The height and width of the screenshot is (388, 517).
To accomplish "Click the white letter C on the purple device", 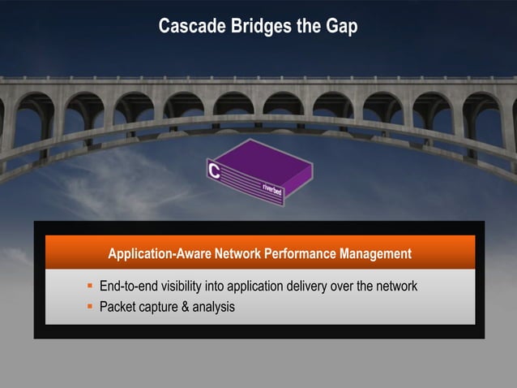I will coord(215,170).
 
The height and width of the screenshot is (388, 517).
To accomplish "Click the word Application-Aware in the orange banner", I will coord(159,254).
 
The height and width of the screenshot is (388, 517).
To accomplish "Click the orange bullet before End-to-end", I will coord(91,287).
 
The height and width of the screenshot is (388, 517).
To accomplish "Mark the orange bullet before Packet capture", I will coord(91,307).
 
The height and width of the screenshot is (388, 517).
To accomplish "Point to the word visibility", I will coord(187,287).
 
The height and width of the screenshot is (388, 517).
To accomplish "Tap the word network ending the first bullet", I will coord(395,287).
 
